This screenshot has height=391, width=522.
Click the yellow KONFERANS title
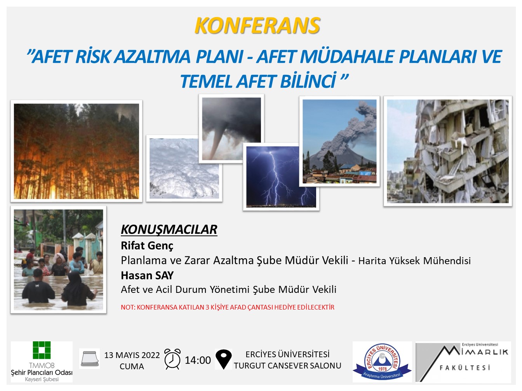tap(257, 26)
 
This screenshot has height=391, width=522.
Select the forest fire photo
tap(76, 151)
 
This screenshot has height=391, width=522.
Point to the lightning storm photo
tap(281, 176)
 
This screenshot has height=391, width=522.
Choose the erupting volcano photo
tap(339, 142)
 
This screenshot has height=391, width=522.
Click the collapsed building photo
tap(447, 151)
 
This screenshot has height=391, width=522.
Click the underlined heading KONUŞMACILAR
tap(169, 230)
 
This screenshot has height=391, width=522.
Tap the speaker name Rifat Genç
tap(147, 246)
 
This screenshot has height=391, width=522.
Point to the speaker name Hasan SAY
tap(147, 275)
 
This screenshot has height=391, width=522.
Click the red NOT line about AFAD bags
tap(228, 307)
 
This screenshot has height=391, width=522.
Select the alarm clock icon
tap(172, 359)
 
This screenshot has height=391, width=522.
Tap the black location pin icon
tap(223, 359)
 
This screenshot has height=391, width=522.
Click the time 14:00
tap(198, 360)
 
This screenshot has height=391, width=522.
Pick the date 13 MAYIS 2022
tap(132, 355)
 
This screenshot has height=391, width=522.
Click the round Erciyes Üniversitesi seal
tap(382, 362)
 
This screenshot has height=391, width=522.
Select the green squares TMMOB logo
tap(42, 350)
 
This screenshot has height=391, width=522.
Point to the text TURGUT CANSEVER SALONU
tap(287, 366)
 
